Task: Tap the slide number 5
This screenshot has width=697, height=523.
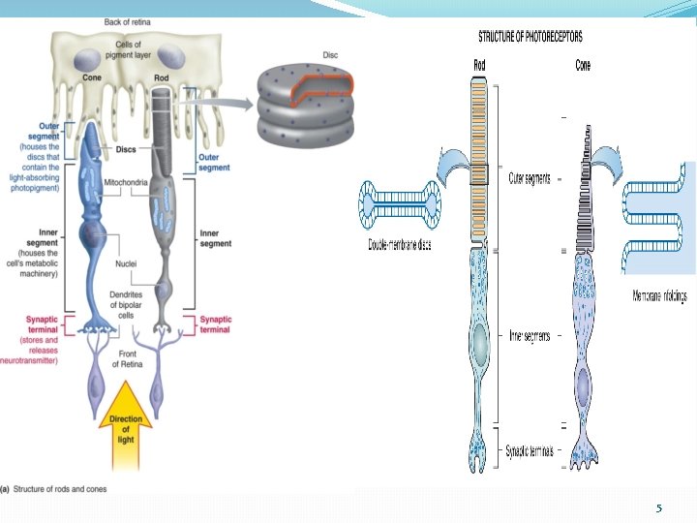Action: pos(658,508)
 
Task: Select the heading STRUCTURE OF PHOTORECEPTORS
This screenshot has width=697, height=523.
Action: pos(530,38)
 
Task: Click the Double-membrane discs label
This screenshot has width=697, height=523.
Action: pos(399,245)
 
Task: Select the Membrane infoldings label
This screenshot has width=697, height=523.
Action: pos(659,296)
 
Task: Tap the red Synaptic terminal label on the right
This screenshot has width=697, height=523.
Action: pos(215,324)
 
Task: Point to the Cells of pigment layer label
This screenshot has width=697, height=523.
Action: pos(130,50)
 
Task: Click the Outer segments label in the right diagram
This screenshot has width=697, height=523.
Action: pos(530,178)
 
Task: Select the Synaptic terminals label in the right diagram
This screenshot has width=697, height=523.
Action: pos(531,450)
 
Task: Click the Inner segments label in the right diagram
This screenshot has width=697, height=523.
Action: pos(530,336)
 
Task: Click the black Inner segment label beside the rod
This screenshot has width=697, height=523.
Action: pos(215,238)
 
